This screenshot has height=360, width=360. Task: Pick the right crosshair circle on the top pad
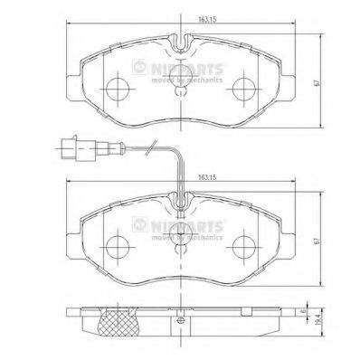tap(243, 89)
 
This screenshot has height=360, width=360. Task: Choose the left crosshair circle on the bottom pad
tap(115, 245)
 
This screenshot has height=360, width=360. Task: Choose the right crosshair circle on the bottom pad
tap(243, 245)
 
